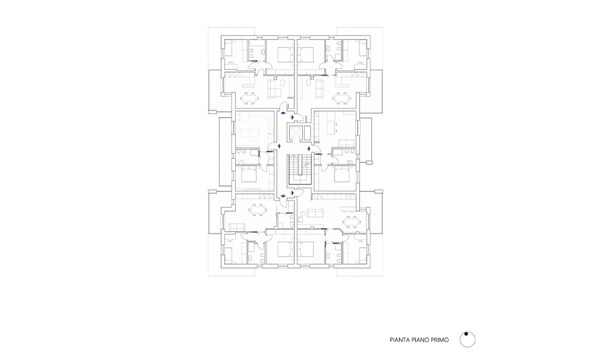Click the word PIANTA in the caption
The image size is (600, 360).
click(400, 340)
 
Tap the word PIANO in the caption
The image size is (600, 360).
click(420, 340)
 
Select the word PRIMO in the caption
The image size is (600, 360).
click(440, 340)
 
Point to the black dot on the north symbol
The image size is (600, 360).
click(466, 334)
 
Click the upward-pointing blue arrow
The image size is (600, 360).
click(283, 113)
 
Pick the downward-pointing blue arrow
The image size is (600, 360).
click(283, 196)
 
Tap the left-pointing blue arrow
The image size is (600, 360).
click(280, 146)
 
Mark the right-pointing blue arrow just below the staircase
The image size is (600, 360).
click(292, 193)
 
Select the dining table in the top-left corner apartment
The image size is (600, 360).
click(250, 98)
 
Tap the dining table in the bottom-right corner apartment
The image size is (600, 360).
click(351, 221)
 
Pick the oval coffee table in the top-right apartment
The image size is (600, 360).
click(309, 83)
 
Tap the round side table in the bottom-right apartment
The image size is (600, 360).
click(302, 213)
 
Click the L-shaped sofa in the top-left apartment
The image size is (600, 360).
click(275, 89)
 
